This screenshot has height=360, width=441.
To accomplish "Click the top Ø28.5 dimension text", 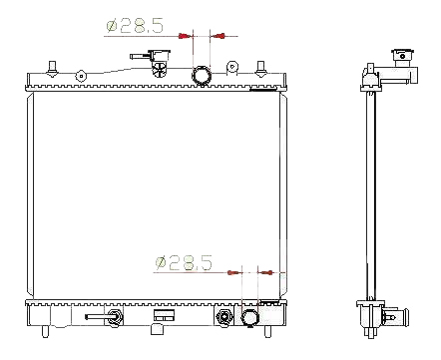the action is click(135, 26).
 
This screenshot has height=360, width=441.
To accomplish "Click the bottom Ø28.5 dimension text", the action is click(184, 262).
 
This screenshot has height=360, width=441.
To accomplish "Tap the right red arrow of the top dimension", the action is click(219, 36).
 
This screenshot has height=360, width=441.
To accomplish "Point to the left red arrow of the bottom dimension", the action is click(233, 272).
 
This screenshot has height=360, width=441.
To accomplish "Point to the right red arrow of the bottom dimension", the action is click(266, 272).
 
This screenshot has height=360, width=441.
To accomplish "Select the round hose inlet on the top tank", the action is click(202, 75).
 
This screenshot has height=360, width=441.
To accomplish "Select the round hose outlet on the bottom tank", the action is click(249, 317).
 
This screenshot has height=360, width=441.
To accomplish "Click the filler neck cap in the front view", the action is click(160, 55).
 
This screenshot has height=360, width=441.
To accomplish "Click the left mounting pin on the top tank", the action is click(52, 69).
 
